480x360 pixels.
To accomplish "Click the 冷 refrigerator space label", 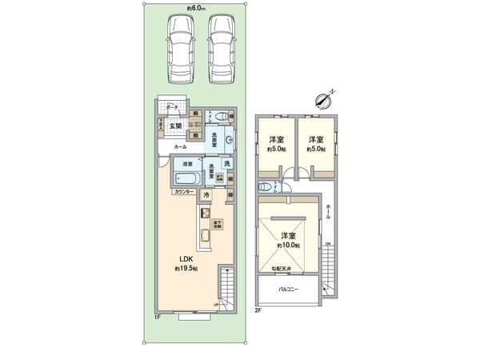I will tap(206, 195).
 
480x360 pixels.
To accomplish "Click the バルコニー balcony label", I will tap(288, 289).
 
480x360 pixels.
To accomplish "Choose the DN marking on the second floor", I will tap(328, 244).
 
